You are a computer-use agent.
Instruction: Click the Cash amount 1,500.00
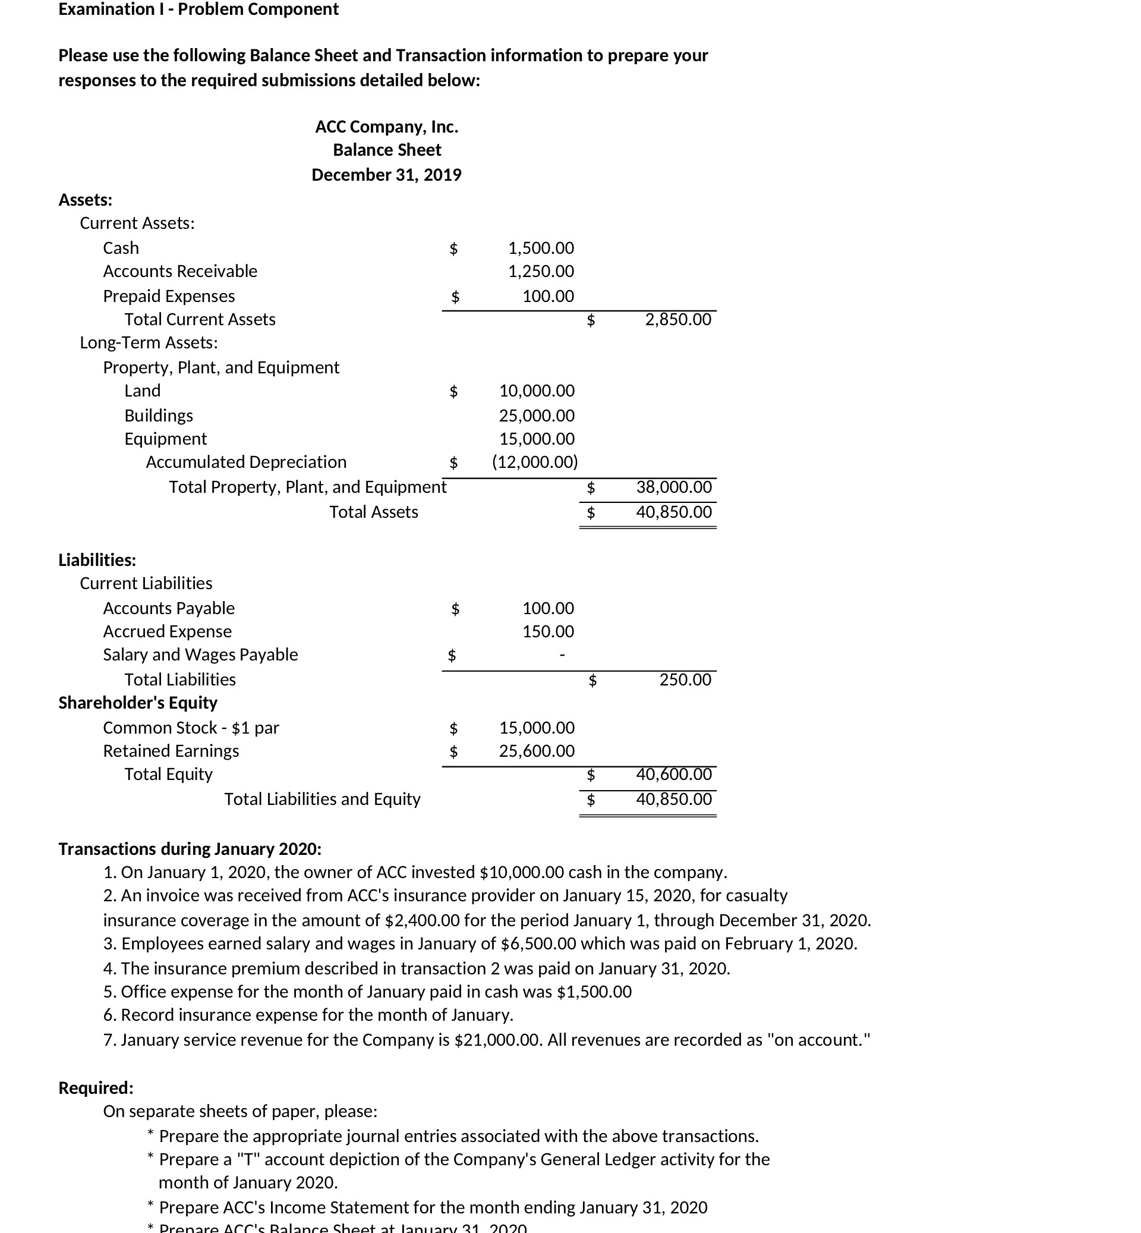[540, 248]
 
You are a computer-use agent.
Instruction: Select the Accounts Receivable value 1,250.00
[540, 271]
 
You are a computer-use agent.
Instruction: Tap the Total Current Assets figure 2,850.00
[677, 319]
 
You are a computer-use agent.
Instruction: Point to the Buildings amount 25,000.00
[536, 415]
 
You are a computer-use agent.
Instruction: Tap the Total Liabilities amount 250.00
[685, 680]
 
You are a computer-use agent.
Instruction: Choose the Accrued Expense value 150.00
[548, 631]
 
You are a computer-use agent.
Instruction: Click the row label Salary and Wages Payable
[200, 654]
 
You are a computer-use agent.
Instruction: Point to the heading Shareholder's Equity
[138, 702]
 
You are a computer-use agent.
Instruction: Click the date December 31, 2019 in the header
[386, 175]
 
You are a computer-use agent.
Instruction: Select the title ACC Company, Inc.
[386, 127]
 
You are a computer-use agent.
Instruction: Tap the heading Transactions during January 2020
[190, 848]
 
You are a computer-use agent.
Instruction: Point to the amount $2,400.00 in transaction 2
[423, 920]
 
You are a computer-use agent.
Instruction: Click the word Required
[96, 1087]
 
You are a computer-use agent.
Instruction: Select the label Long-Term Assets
[148, 342]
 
